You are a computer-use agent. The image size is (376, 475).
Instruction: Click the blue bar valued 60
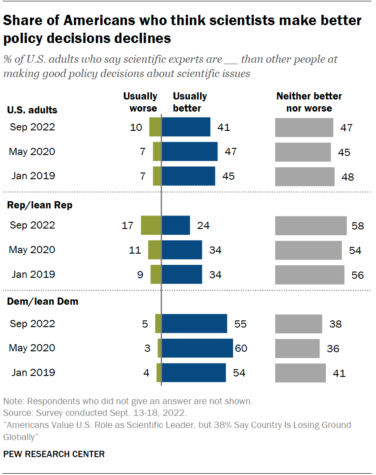pyautogui.click(x=197, y=348)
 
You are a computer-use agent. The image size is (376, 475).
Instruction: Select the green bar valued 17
pyautogui.click(x=151, y=225)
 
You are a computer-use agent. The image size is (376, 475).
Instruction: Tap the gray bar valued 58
pyautogui.click(x=311, y=225)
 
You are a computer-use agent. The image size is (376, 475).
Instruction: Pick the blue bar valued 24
pyautogui.click(x=176, y=225)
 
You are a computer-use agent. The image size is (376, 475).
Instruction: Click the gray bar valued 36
pyautogui.click(x=297, y=348)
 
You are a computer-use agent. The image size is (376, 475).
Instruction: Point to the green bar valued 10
pyautogui.click(x=155, y=127)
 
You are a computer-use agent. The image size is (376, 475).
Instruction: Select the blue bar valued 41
pyautogui.click(x=186, y=127)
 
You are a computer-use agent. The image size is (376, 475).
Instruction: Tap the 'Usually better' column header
pyautogui.click(x=190, y=102)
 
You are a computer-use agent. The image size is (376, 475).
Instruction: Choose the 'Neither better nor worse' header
pyautogui.click(x=309, y=102)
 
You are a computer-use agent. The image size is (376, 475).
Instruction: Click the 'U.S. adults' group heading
pyautogui.click(x=32, y=110)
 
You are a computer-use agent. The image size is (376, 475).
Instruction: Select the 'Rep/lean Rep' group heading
pyautogui.click(x=40, y=205)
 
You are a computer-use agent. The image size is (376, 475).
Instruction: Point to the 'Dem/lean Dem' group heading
pyautogui.click(x=43, y=302)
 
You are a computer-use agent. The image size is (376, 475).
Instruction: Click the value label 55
pyautogui.click(x=240, y=324)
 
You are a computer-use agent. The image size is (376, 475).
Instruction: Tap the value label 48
pyautogui.click(x=347, y=177)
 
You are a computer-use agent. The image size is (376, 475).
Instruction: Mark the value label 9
pyautogui.click(x=140, y=275)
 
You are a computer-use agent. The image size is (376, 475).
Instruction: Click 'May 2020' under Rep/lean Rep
pyautogui.click(x=32, y=250)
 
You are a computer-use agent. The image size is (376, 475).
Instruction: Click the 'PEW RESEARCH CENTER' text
pyautogui.click(x=54, y=454)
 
